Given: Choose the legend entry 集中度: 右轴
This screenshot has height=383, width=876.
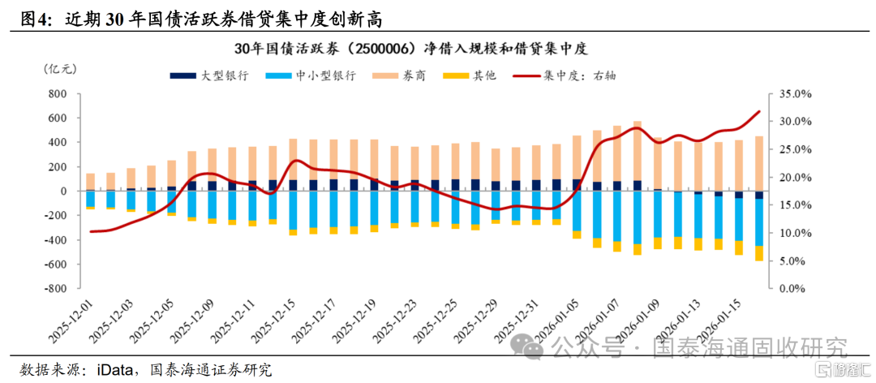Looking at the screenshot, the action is pyautogui.click(x=565, y=75).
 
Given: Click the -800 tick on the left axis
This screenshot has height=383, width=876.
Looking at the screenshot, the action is pyautogui.click(x=56, y=289).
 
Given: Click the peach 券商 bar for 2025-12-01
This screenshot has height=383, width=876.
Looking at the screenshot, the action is pyautogui.click(x=90, y=182).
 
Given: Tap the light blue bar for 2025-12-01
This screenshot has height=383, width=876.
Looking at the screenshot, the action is pyautogui.click(x=90, y=199).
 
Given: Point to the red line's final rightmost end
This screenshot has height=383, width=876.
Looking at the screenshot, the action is pyautogui.click(x=760, y=111).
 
